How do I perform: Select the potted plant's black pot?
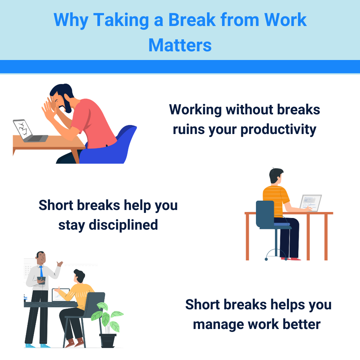click(108, 340)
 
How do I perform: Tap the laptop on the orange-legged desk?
click(310, 203)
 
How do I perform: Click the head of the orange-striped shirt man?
click(276, 176)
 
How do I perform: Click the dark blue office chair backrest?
click(265, 213)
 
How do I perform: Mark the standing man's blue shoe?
click(30, 346)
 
